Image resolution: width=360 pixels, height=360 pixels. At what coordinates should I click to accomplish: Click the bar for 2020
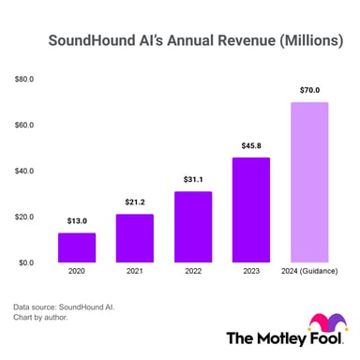point(77,247)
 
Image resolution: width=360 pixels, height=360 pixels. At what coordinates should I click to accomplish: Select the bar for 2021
point(135,238)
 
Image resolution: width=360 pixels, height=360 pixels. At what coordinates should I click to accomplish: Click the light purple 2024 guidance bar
point(309,182)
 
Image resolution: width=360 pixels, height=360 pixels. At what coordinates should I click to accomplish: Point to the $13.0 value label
point(77,221)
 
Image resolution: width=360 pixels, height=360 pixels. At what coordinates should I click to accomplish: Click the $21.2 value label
point(135,202)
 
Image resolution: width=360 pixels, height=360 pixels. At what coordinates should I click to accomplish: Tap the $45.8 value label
point(251,146)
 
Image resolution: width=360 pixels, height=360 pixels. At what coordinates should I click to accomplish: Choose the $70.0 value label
point(309,90)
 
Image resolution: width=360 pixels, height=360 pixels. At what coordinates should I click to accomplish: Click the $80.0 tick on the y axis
point(24,80)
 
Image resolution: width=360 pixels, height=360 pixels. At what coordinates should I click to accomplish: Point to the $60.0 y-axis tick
point(24,126)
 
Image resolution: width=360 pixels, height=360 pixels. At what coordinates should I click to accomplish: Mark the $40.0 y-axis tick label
point(24,172)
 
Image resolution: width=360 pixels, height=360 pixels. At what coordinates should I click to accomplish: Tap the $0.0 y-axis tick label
point(26,263)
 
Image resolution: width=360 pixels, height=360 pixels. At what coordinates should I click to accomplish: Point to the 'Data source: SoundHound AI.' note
point(66,306)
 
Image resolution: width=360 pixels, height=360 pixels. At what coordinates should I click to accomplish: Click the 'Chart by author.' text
point(41,318)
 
